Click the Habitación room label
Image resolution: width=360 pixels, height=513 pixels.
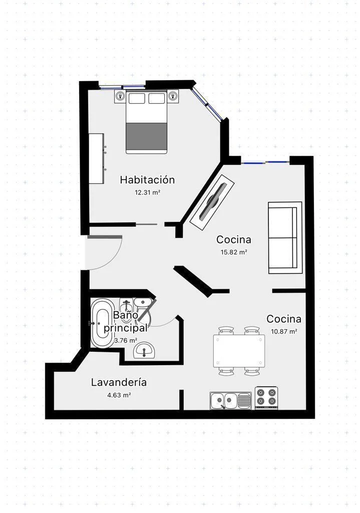click(x=147, y=180)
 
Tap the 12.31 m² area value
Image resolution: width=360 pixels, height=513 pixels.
click(x=148, y=192)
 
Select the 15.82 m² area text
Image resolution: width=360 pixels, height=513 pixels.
click(x=234, y=252)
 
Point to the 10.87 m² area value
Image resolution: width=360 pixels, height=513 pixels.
click(x=284, y=332)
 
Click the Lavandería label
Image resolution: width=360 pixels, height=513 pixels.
click(x=119, y=382)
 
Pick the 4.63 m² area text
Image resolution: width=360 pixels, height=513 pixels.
click(x=119, y=395)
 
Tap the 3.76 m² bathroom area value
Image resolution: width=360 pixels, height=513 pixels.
click(x=125, y=341)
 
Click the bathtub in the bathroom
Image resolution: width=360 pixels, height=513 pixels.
click(x=101, y=323)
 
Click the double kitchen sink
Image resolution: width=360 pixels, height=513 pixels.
click(x=230, y=401)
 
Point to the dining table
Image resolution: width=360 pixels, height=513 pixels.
click(x=239, y=351)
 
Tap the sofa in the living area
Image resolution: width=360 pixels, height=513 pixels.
click(x=285, y=237)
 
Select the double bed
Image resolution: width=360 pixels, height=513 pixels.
click(x=147, y=123)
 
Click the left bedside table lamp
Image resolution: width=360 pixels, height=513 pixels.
click(x=120, y=96)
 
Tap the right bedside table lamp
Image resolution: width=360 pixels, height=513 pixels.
click(x=173, y=96)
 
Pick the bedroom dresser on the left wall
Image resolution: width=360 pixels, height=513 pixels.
click(x=97, y=158)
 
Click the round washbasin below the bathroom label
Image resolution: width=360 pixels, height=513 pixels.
click(x=144, y=350)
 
